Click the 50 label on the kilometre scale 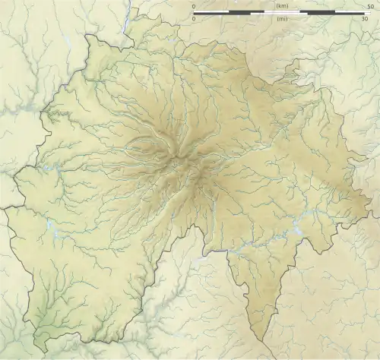pyautogui.click(x=370, y=6)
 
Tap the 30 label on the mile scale pyautogui.click(x=366, y=19)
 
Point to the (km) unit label pyautogui.click(x=281, y=6)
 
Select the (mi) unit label pyautogui.click(x=281, y=19)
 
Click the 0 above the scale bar pyautogui.click(x=194, y=6)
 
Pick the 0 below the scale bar pyautogui.click(x=194, y=19)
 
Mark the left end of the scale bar pyautogui.click(x=194, y=12)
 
